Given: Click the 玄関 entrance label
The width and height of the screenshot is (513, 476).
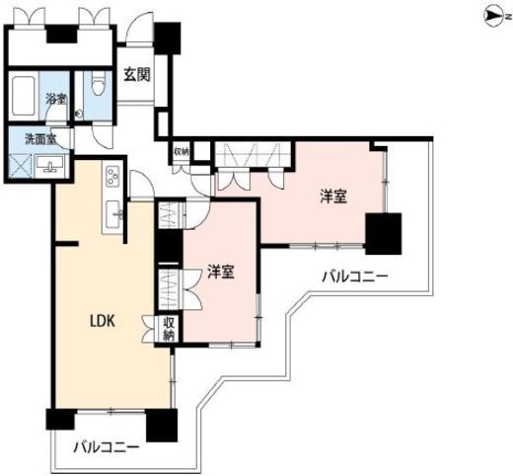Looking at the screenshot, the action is pos(137,75).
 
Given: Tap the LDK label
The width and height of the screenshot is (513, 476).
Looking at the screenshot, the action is pos(103,321).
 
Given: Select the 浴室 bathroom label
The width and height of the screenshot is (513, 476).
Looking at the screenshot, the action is pos(56,99).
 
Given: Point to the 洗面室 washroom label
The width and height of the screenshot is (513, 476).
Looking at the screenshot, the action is pos(41,139).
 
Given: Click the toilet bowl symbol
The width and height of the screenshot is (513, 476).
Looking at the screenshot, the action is pos(98,83).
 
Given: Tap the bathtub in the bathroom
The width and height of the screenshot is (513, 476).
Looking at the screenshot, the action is pos(24,96).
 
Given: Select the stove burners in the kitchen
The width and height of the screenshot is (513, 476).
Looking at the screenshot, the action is pos(112,176).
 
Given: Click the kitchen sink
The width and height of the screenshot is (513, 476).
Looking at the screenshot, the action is pos(113,214).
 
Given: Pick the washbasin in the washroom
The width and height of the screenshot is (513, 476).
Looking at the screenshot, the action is pos(50,164).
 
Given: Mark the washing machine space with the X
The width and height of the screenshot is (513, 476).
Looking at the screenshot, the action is pos(21,166).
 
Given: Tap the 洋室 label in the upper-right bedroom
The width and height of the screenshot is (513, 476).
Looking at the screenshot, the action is pos(333,197).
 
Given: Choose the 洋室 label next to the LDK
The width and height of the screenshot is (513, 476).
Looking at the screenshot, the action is pos(221,272).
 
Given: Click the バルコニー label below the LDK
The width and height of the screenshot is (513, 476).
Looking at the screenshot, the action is pos(107,447).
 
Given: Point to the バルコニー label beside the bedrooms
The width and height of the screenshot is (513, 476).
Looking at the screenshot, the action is pos(355,277).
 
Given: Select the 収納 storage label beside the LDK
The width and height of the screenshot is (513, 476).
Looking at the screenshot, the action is pos(169,329).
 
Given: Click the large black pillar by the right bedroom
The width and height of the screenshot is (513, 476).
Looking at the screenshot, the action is pos(384,234).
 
